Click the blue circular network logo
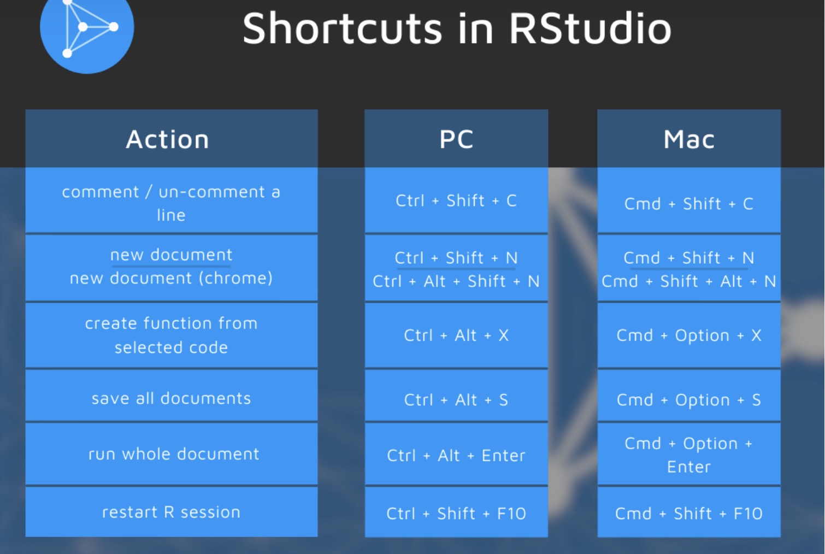pyautogui.click(x=87, y=30)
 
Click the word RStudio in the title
pyautogui.click(x=591, y=29)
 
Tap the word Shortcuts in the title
pyautogui.click(x=342, y=28)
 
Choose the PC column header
pyautogui.click(x=456, y=139)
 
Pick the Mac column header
pyautogui.click(x=689, y=139)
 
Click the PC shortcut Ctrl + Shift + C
pyautogui.click(x=456, y=201)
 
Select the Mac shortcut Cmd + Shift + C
pyautogui.click(x=689, y=204)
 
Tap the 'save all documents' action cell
pyautogui.click(x=171, y=396)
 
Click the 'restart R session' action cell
pyautogui.click(x=171, y=512)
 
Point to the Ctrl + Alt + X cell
pyautogui.click(x=456, y=335)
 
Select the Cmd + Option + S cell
pyautogui.click(x=689, y=396)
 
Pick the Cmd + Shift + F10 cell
pyautogui.click(x=689, y=512)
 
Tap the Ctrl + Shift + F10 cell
pyautogui.click(x=456, y=512)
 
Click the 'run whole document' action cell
pyautogui.click(x=171, y=454)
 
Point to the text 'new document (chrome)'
pyautogui.click(x=171, y=278)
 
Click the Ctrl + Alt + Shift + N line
pyautogui.click(x=456, y=281)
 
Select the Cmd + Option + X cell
pyautogui.click(x=689, y=335)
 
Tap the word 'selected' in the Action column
pyautogui.click(x=150, y=347)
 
